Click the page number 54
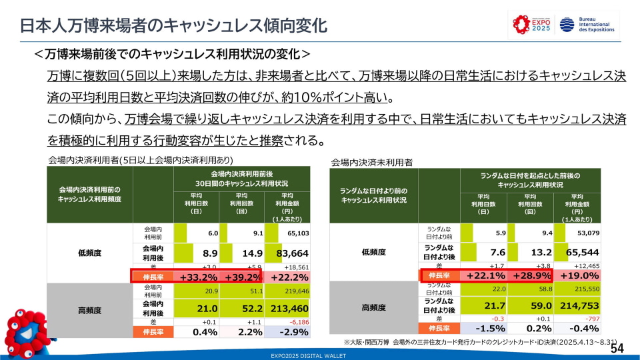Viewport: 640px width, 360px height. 617,349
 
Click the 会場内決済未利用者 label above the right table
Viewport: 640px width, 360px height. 371,162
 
